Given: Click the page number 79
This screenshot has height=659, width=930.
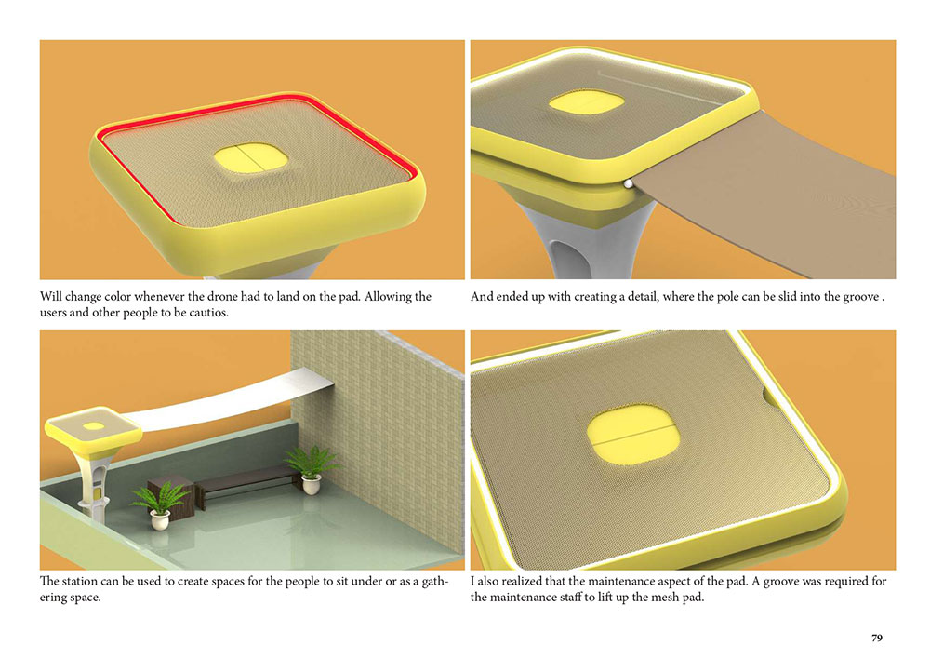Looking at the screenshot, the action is coord(877,638).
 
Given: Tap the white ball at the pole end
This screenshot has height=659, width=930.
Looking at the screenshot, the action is coord(628,184).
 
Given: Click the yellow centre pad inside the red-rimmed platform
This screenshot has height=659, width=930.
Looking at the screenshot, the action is coord(250,158).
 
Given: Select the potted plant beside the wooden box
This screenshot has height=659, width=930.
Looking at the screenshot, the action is coord(158,505).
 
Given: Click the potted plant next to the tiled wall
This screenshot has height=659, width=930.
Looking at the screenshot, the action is coord(311,470).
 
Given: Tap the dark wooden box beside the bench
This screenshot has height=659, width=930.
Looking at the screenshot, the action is coord(169,491).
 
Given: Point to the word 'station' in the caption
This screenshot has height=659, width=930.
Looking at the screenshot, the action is coord(79,581).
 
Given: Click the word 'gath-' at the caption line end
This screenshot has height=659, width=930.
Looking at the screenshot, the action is coord(435,582).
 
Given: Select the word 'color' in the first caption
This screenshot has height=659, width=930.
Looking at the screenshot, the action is coord(117,296).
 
